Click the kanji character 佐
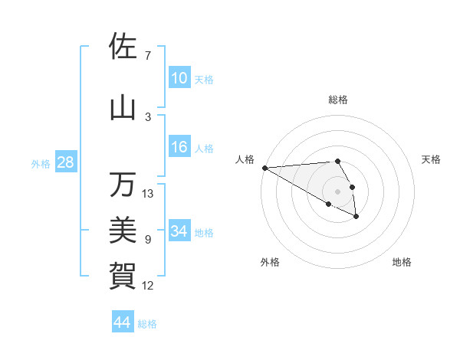122,47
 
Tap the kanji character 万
122,185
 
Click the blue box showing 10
179,78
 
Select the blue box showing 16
179,147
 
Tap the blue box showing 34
179,231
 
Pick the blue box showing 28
65,162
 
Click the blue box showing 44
122,322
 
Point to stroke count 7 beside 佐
148,56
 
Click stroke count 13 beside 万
148,194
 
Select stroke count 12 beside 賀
148,286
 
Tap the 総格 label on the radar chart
337,100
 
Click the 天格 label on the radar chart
432,159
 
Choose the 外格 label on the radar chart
270,262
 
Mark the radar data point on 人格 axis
264,167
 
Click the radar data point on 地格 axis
357,218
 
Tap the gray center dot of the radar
337,191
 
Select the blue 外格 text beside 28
41,163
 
